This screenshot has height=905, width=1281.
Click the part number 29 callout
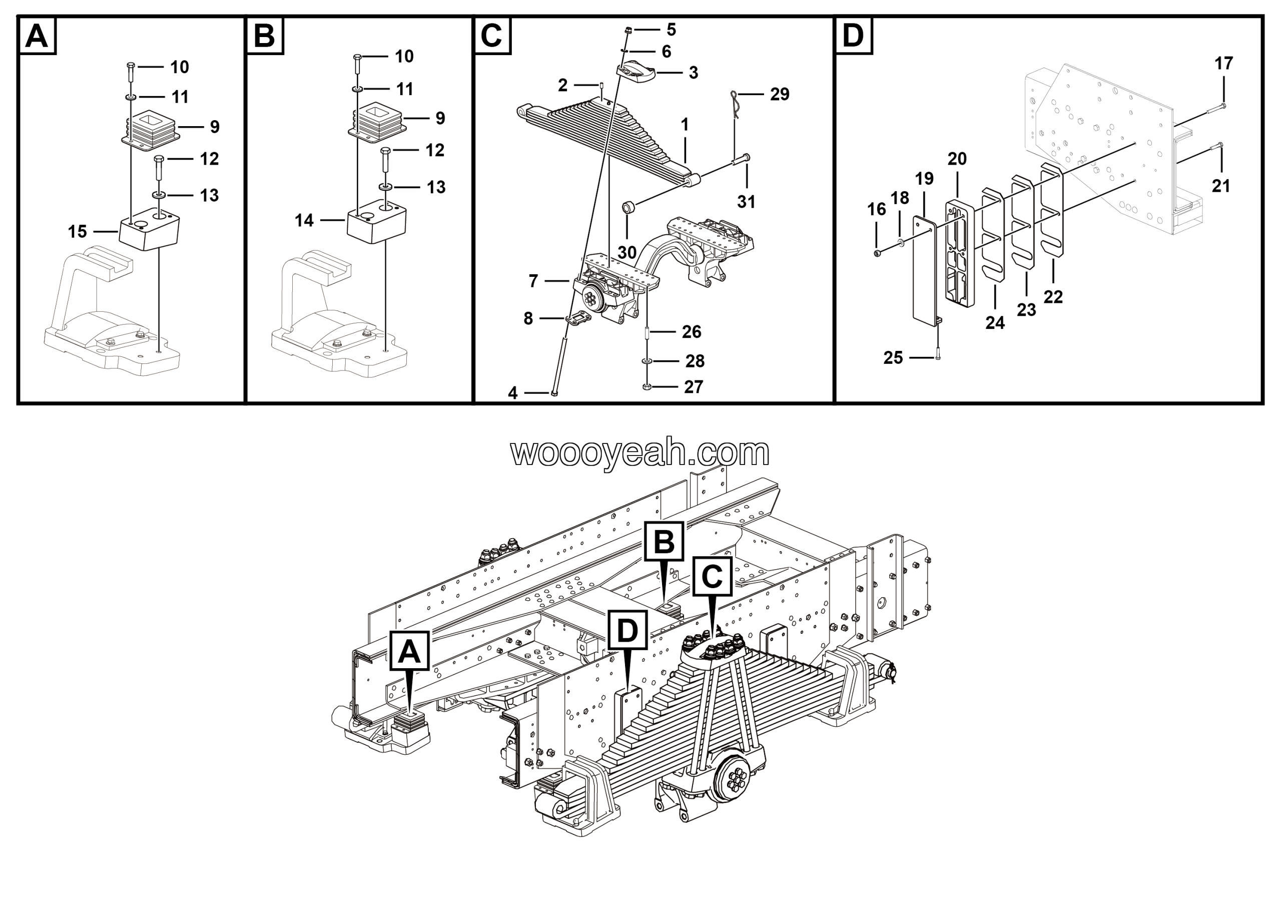point(780,94)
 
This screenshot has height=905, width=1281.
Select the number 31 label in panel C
point(746,201)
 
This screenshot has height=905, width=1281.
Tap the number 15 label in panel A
point(78,232)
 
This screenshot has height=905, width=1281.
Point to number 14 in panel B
point(304,221)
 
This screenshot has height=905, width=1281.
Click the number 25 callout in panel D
point(893,358)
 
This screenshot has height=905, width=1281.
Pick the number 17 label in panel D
point(1223,64)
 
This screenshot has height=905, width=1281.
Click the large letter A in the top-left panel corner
point(38,36)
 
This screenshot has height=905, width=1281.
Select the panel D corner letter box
point(853,36)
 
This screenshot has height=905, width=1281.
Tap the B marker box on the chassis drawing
point(664,541)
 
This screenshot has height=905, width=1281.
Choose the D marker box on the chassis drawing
point(627,630)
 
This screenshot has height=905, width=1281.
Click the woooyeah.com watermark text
point(640,452)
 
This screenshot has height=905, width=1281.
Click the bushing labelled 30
point(629,209)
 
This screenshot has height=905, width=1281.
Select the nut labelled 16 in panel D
point(877,253)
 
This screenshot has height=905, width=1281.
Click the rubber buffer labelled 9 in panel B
point(378,121)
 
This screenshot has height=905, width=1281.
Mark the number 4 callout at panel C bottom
point(513,393)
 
